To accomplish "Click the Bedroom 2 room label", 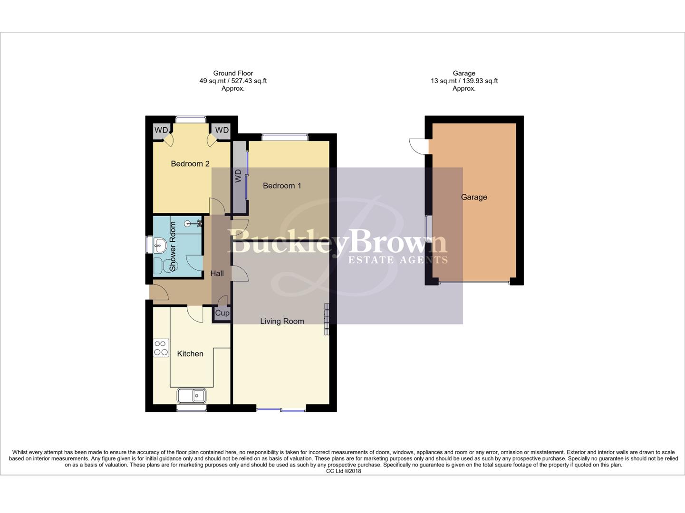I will tap(190, 164).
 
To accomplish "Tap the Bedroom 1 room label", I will tap(282, 186).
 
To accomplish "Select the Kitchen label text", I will tap(190, 354).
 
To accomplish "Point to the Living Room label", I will tap(282, 322).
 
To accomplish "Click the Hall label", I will tap(217, 274).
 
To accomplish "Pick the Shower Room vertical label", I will tap(173, 247).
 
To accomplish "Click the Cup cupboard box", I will tap(222, 313).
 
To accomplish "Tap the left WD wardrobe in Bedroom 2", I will tap(161, 130).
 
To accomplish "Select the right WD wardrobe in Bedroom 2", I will tap(222, 130).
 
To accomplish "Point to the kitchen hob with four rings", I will tap(161, 348).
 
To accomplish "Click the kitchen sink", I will tap(192, 395).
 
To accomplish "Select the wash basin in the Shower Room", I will tap(159, 246).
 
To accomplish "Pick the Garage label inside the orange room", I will tap(474, 197).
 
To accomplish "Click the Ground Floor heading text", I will tap(233, 73).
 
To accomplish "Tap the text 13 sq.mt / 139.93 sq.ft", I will tap(464, 81).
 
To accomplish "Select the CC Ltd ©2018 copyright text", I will tap(343, 471).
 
